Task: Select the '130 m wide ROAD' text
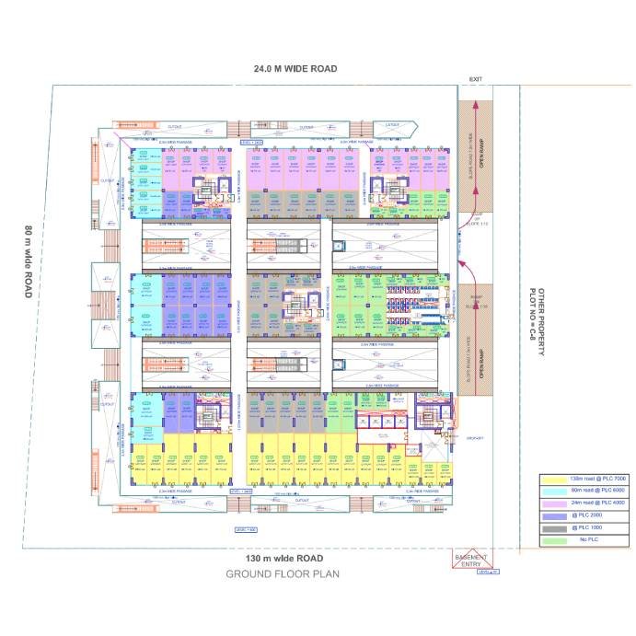(284, 559)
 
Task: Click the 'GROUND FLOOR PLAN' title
(283, 574)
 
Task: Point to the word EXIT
(475, 79)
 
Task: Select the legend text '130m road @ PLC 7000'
(599, 480)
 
